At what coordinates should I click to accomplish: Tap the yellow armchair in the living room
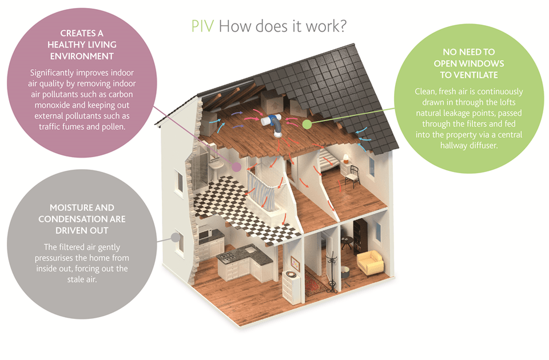coord(369,261)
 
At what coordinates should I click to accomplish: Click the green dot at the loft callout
coord(307,123)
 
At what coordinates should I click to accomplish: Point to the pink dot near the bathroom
coord(236,166)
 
